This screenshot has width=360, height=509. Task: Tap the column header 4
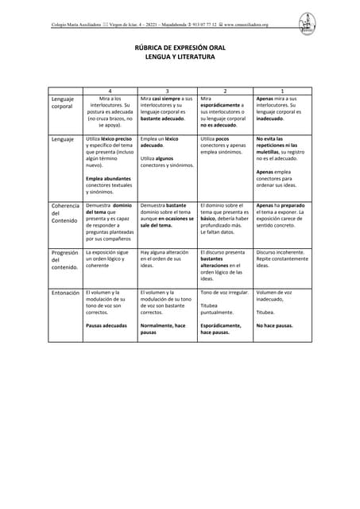(x=110, y=91)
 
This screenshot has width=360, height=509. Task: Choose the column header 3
(x=167, y=91)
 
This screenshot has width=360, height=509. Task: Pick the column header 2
(x=225, y=91)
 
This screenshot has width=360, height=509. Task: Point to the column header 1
(x=283, y=91)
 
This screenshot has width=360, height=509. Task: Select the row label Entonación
(x=65, y=293)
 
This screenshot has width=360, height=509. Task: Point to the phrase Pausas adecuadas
(x=106, y=325)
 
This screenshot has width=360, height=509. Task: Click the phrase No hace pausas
(x=274, y=325)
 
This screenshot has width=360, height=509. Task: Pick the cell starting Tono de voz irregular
(x=224, y=293)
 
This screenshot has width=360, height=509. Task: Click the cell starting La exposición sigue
(x=106, y=255)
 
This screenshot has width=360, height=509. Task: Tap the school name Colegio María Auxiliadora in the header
(x=80, y=25)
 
